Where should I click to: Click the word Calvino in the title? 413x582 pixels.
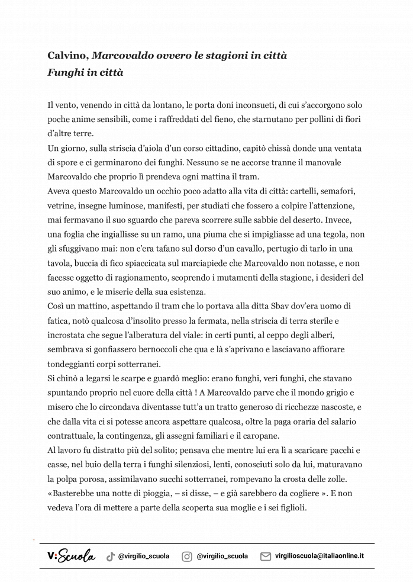(67, 56)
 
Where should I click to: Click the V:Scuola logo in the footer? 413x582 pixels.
(70, 556)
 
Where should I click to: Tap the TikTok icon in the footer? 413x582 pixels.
(110, 557)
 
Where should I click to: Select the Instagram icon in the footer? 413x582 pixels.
(187, 557)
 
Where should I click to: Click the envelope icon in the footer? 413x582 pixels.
(266, 557)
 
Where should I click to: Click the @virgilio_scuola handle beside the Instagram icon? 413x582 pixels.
(222, 557)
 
